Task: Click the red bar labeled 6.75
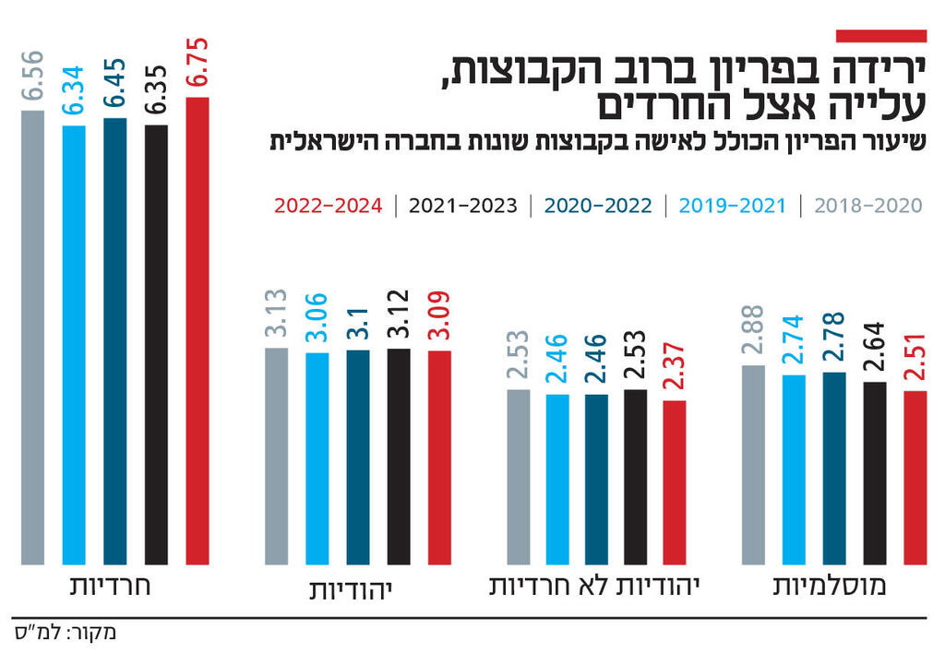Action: (x=197, y=330)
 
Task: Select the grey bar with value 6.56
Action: (x=32, y=337)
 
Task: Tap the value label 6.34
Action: (x=73, y=90)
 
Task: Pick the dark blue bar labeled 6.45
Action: (x=114, y=340)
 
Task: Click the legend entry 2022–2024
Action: (x=329, y=206)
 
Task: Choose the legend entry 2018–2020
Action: (x=868, y=206)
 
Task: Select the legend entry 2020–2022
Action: (x=598, y=206)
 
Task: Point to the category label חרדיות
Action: (x=110, y=587)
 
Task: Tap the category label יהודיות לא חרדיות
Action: (x=592, y=587)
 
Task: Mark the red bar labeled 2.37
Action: (x=676, y=481)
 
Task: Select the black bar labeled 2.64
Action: (x=875, y=472)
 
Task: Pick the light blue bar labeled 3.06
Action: (x=317, y=457)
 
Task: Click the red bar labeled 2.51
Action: (x=915, y=477)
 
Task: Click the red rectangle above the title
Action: (x=880, y=35)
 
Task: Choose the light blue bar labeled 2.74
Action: (x=794, y=469)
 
